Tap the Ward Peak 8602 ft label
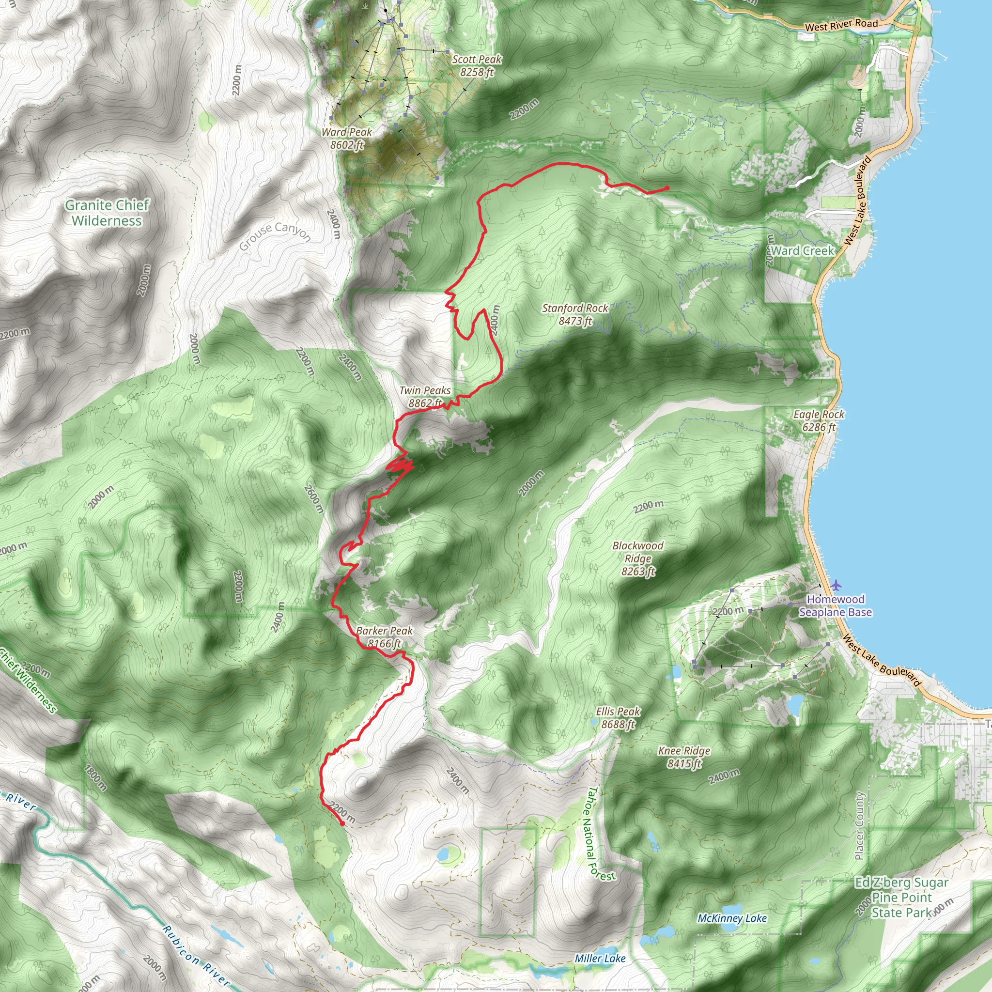tap(347, 138)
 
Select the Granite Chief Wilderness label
tap(107, 213)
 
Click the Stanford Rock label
tap(575, 314)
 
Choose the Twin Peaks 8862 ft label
tap(425, 397)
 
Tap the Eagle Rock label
tap(819, 420)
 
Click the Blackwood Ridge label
tap(638, 558)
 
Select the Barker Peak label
tap(384, 636)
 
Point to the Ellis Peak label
tap(618, 717)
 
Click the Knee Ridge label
tap(684, 757)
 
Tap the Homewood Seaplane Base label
tap(836, 606)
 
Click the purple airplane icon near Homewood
tap(837, 585)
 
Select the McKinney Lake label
tap(732, 918)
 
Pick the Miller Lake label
tap(600, 958)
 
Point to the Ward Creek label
tap(803, 250)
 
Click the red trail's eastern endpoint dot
tap(666, 188)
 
